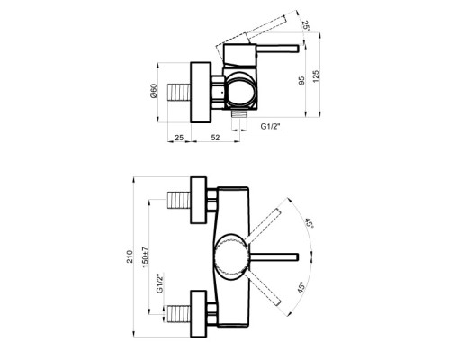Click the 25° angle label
[306, 26]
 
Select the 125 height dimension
[316, 76]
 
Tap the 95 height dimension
[301, 80]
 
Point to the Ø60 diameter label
[153, 91]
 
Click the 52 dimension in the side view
[215, 138]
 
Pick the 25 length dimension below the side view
[179, 138]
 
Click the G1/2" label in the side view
[270, 126]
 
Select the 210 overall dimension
[130, 256]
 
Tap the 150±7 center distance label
[145, 257]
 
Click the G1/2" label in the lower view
[160, 283]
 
